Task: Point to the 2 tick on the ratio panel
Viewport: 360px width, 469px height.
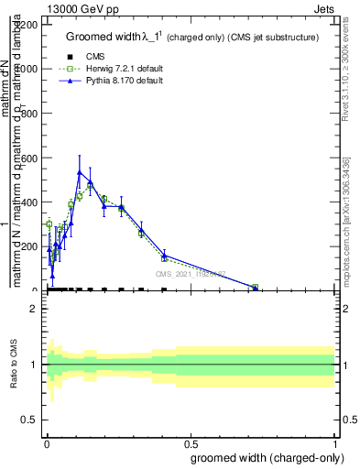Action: pyautogui.click(x=35, y=309)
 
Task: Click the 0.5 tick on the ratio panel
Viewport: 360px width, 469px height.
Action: pyautogui.click(x=31, y=420)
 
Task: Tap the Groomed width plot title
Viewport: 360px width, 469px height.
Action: pyautogui.click(x=192, y=38)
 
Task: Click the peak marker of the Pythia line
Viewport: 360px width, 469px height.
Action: pyautogui.click(x=80, y=171)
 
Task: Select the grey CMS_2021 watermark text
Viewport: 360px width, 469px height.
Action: pyautogui.click(x=190, y=273)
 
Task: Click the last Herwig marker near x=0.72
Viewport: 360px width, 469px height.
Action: pyautogui.click(x=256, y=288)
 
